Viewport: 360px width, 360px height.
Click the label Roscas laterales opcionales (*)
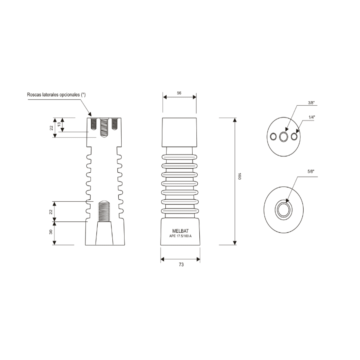[56, 95]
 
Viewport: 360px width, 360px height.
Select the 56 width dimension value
[179, 93]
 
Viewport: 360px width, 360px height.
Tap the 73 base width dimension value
[181, 264]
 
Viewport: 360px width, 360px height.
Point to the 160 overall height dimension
[239, 176]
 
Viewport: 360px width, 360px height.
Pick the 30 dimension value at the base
[51, 232]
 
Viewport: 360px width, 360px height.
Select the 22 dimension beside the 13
[51, 128]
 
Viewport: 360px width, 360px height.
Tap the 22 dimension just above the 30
[51, 211]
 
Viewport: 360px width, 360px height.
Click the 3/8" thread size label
[311, 103]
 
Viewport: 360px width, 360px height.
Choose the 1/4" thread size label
[312, 117]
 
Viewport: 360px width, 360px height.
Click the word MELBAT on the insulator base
[180, 231]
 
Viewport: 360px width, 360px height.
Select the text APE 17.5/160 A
[180, 236]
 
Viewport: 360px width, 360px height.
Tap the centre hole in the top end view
[284, 137]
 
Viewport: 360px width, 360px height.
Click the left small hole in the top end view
[273, 137]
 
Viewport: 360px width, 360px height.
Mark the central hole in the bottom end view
[283, 210]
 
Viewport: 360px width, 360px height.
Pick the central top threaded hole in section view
[104, 128]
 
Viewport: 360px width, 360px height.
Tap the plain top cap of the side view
[179, 132]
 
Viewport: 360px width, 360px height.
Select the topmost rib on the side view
[179, 157]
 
